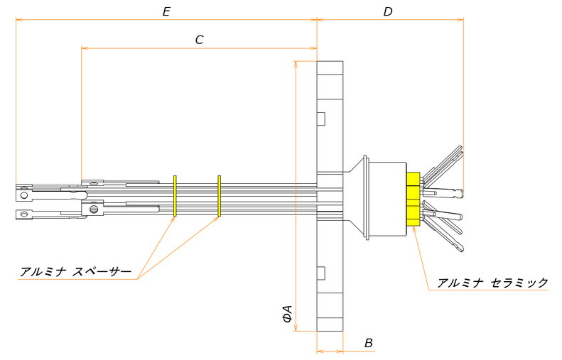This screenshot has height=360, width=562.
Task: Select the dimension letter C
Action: tap(200, 40)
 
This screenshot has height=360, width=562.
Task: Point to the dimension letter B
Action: tap(368, 343)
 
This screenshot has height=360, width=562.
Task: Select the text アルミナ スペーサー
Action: tap(76, 272)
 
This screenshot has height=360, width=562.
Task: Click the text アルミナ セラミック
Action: tap(492, 283)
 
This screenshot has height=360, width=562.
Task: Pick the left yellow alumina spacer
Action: tap(174, 195)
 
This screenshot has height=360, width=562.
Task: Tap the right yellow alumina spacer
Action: tap(220, 195)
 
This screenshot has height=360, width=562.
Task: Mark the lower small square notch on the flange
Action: tap(320, 273)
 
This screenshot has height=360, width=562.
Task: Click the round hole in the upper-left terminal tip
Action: tap(24, 194)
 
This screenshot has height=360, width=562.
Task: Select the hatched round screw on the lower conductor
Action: tap(92, 208)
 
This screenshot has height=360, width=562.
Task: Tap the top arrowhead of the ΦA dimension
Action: tap(295, 65)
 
